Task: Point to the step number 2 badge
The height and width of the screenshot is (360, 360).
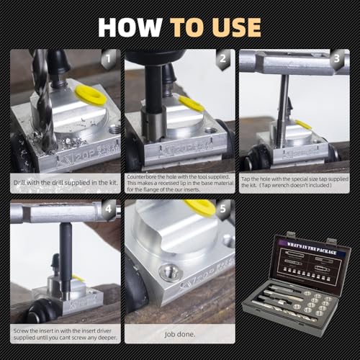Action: coord(225,57)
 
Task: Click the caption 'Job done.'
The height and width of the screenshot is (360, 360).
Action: coord(179,333)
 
